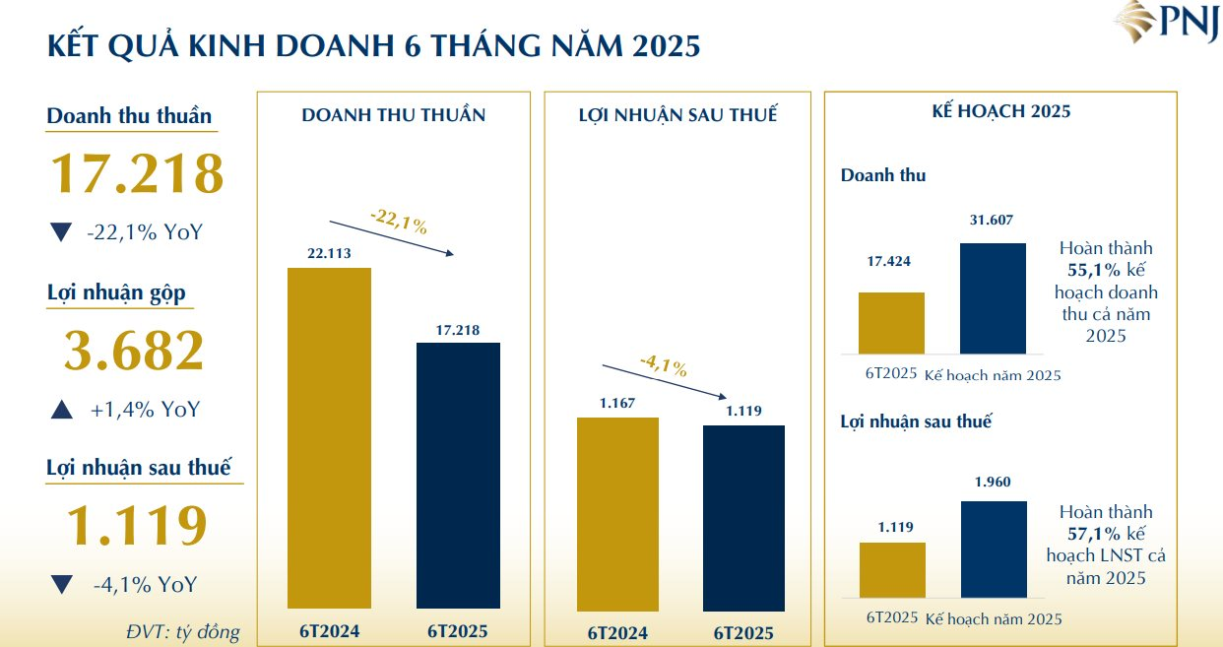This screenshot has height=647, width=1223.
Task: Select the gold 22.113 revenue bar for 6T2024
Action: coord(329,437)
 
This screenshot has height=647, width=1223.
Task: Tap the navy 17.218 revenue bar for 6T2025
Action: coord(458,475)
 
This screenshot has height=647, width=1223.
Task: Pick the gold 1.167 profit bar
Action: coord(617,514)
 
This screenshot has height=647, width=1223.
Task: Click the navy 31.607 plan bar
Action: coord(993,297)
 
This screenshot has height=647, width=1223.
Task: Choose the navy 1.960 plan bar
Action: coord(993,549)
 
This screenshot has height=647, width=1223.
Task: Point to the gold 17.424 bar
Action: coord(891,322)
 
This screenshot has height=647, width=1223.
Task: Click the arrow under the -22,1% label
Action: coord(391,236)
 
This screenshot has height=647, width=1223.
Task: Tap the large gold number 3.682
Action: coord(134,351)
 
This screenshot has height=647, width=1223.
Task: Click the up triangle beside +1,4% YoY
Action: coord(61,410)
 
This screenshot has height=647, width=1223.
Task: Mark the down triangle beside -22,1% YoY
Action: coord(61,233)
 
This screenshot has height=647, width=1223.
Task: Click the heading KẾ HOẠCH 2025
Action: coord(1000,111)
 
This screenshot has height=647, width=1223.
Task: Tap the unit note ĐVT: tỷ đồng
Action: coord(183,631)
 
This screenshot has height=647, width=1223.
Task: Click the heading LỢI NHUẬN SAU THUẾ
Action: coord(677,115)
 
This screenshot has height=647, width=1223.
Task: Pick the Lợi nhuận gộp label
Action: coord(116,293)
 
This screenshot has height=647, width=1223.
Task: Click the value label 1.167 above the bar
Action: coord(617,403)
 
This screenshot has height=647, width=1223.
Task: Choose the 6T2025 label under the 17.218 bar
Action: coord(458,631)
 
